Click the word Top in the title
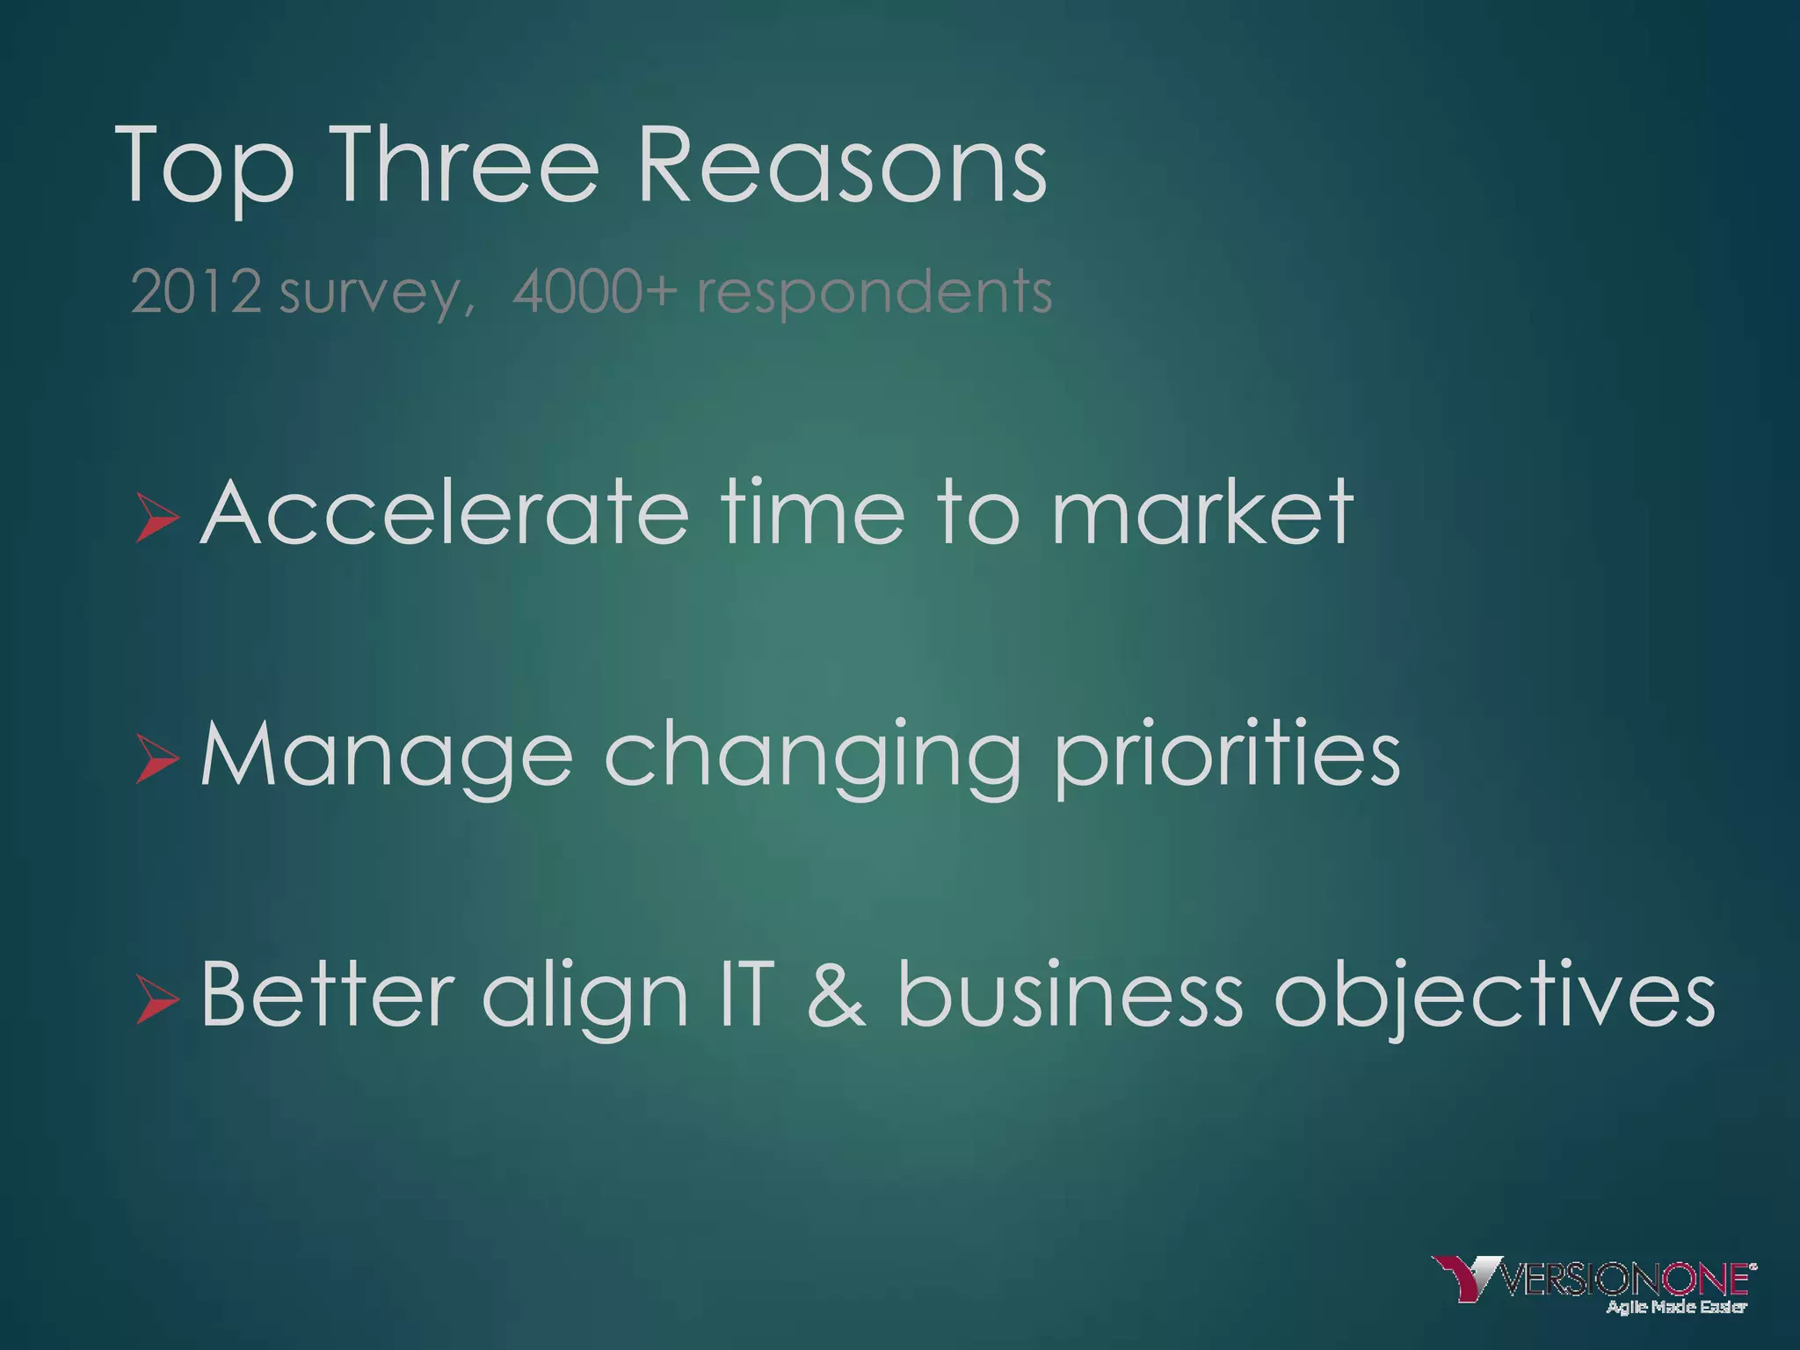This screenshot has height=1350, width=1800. [204, 167]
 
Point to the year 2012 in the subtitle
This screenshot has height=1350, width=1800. [196, 292]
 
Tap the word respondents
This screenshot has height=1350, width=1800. [875, 294]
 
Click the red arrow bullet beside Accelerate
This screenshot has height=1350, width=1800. [156, 516]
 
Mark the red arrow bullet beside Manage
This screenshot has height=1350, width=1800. [156, 758]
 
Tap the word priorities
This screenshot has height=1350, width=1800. [1227, 756]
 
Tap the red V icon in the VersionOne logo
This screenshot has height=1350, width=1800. [1465, 1277]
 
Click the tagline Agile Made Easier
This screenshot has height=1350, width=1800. [1676, 1307]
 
